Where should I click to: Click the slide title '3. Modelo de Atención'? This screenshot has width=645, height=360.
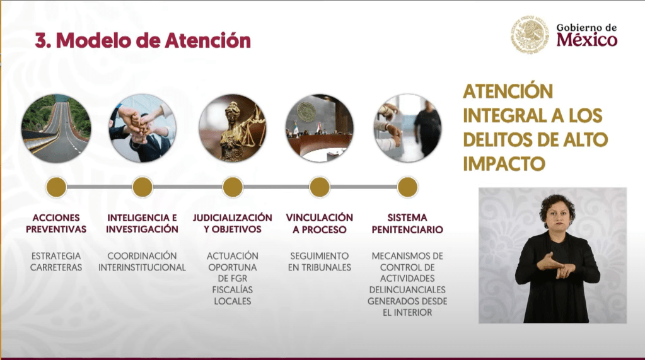tap(142, 40)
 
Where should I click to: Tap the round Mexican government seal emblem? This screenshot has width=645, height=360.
tap(530, 35)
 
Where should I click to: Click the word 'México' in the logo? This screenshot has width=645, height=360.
tap(586, 40)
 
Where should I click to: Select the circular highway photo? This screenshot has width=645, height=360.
tap(56, 128)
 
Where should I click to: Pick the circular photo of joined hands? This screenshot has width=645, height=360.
tap(142, 128)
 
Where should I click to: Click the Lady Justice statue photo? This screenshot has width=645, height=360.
tap(233, 128)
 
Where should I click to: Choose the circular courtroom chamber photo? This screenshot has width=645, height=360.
tap(320, 128)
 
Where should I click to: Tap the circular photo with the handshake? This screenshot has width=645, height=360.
tap(407, 128)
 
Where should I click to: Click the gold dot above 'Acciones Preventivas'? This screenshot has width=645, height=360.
tap(56, 187)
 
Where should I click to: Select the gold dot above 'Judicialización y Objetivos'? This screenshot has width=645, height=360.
tap(233, 187)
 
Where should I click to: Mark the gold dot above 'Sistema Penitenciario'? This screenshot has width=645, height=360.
tap(407, 187)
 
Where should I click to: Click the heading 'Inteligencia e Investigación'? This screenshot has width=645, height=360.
tap(142, 223)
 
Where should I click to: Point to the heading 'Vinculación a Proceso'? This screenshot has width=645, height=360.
tap(320, 223)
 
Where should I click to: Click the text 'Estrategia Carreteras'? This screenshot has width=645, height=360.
tap(56, 262)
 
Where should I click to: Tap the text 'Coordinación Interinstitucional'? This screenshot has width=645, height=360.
tap(142, 262)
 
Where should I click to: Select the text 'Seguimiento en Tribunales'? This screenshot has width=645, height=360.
tap(320, 262)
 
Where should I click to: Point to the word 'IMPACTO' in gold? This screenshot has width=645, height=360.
tap(504, 164)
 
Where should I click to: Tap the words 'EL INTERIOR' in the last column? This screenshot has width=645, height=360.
tap(407, 313)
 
